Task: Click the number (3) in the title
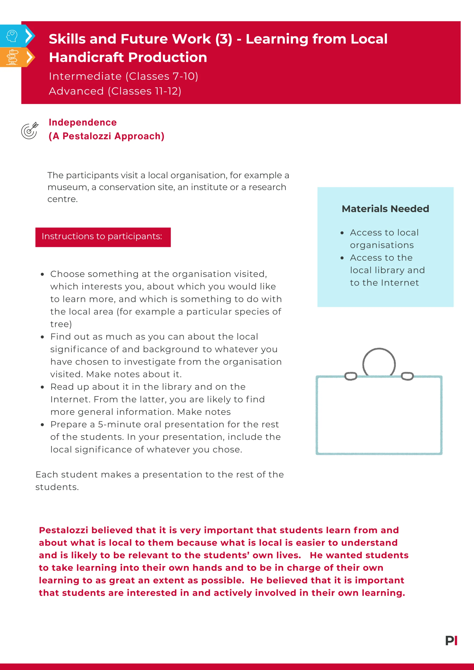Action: coord(223,39)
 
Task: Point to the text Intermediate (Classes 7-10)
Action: coord(123,76)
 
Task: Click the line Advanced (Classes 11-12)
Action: coord(115,91)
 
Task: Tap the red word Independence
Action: coord(83,122)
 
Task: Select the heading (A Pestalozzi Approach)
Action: coord(106,136)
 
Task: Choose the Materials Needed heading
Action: coord(385,209)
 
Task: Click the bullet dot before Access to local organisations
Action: coord(342,233)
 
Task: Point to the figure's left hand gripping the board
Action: coord(351,376)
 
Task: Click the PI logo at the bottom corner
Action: coord(451,641)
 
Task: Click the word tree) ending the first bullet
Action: coord(61,324)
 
